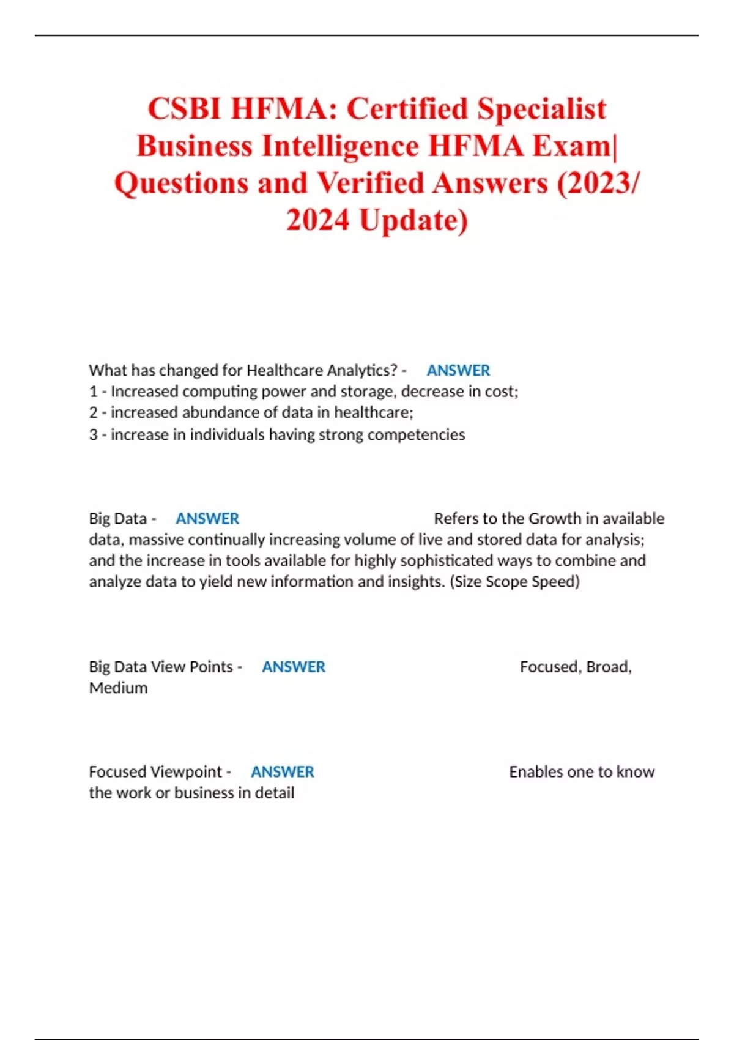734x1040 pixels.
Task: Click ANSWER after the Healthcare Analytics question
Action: [x=458, y=370]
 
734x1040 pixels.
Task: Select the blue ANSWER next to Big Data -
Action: [x=207, y=518]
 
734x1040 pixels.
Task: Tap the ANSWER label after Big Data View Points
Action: [x=294, y=666]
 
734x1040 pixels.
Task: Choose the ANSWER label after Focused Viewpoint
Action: [x=283, y=771]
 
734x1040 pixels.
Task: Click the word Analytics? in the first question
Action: [x=362, y=370]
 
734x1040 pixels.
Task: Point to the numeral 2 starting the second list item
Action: [x=93, y=412]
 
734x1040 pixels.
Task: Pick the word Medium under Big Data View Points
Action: [x=118, y=688]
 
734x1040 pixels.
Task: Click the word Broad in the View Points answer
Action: [x=608, y=666]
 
